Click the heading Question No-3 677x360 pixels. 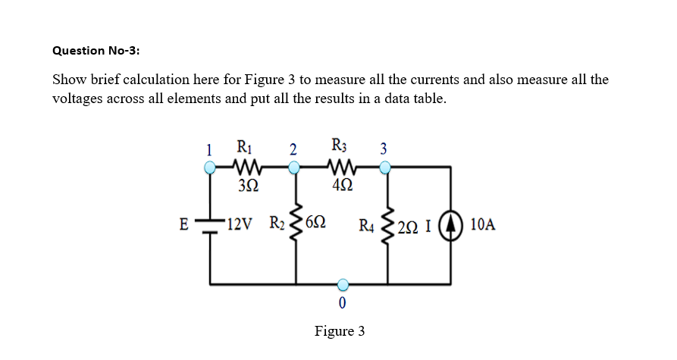pos(96,50)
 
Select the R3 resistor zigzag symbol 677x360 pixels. pos(340,167)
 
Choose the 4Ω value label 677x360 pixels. pos(340,186)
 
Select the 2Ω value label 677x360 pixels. pos(413,225)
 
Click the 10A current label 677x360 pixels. pos(483,225)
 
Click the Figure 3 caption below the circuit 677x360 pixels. pos(340,331)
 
